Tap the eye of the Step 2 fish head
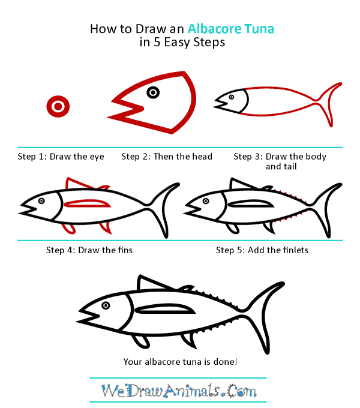point(153,92)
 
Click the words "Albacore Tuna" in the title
point(231,29)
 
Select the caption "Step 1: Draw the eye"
point(61,157)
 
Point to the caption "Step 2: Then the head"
point(167,157)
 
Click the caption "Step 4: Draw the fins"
point(89,250)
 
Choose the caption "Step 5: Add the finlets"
point(262,250)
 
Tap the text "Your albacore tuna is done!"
point(180,362)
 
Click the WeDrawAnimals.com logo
point(179,391)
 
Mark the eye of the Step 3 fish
point(231,97)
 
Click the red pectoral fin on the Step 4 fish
point(87,204)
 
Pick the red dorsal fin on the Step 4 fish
point(78,182)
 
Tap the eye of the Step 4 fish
point(41,201)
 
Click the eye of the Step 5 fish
point(206,201)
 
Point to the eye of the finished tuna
point(106,305)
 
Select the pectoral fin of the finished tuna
point(165,309)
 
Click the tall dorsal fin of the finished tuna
point(152,283)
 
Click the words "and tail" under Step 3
point(281,167)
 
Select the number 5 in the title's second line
point(157,42)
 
